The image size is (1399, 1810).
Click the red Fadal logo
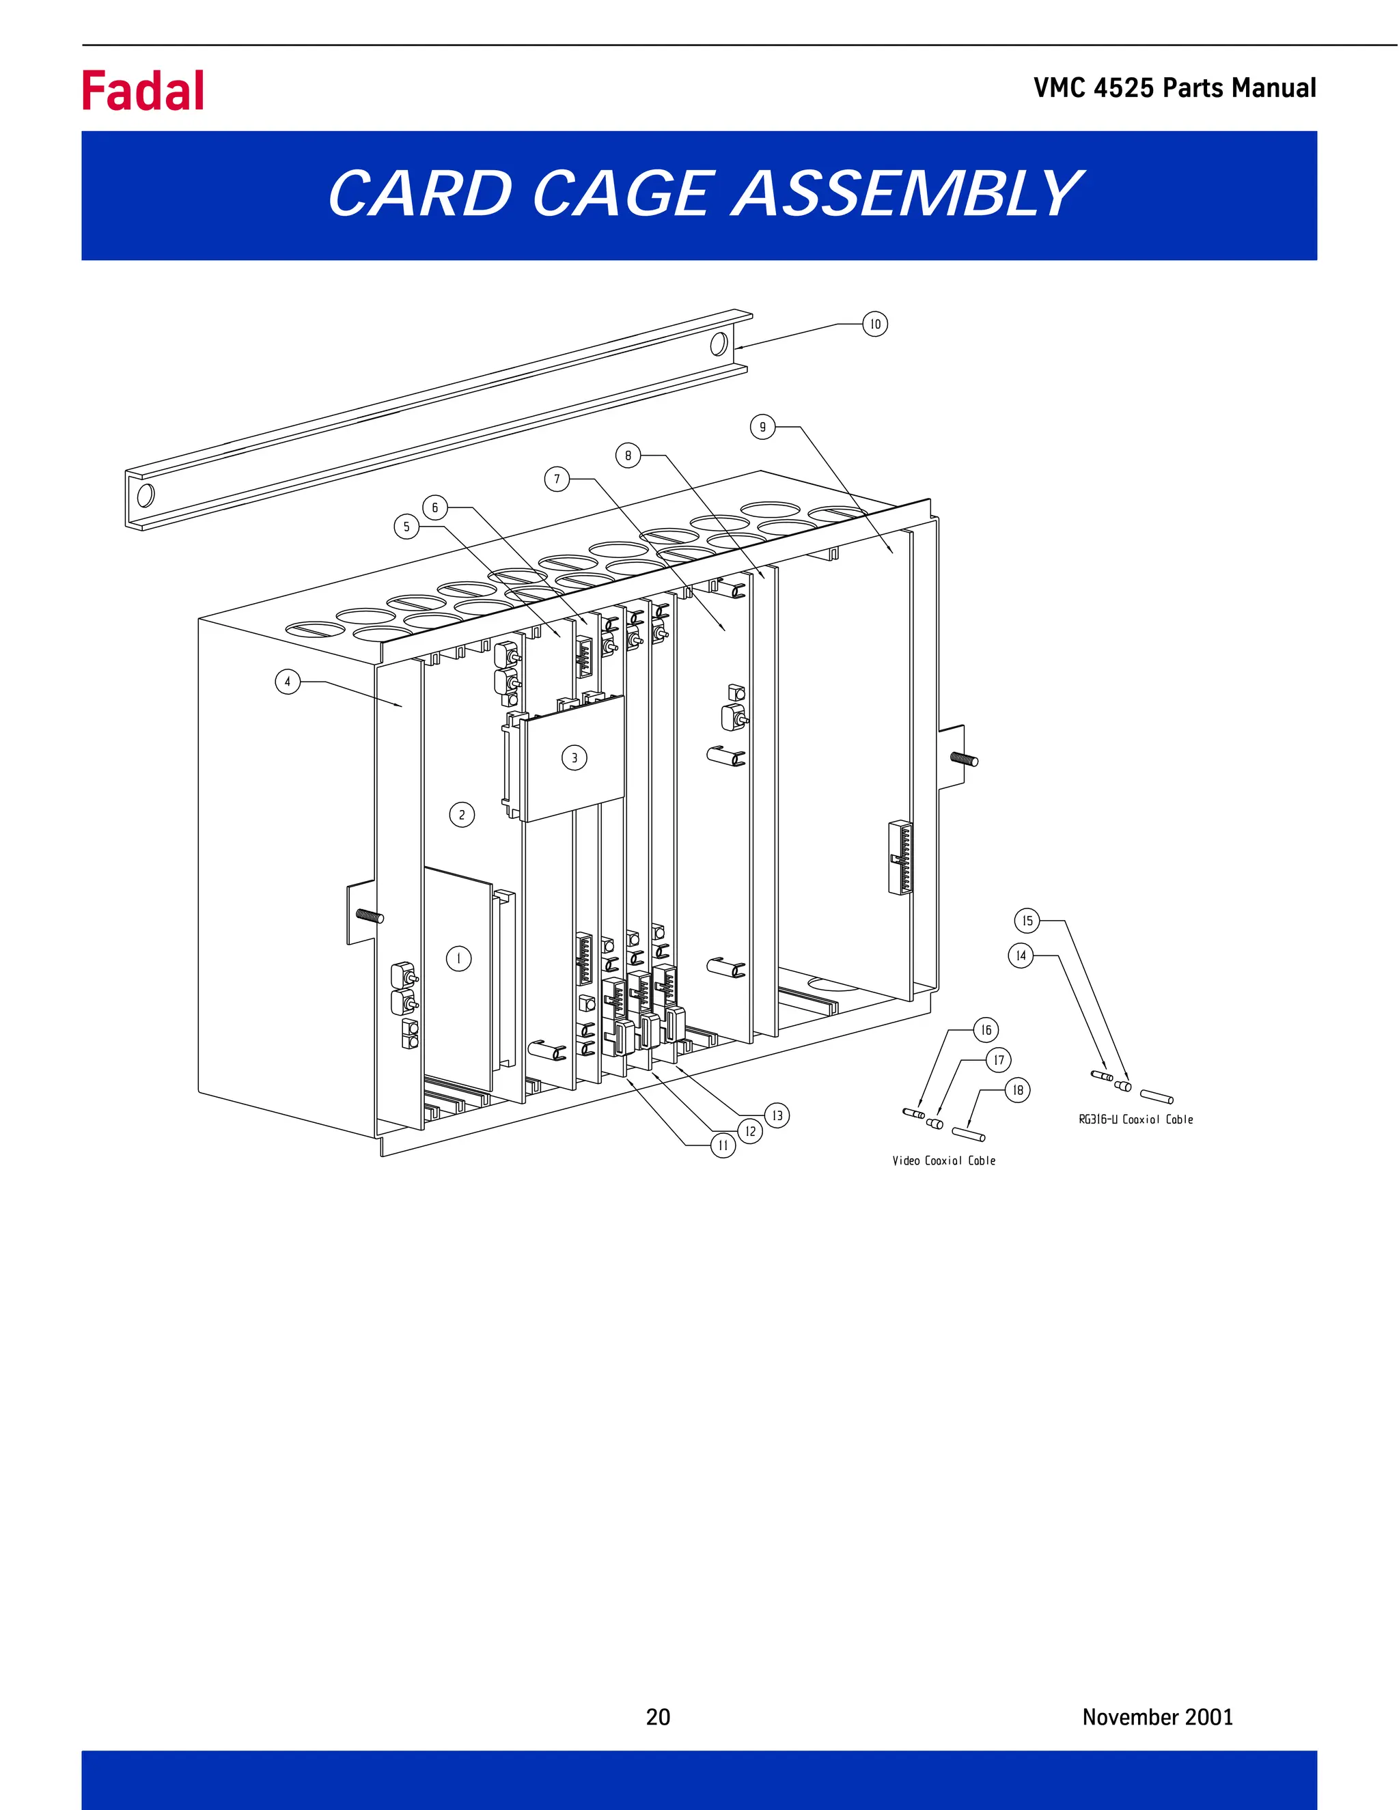[143, 90]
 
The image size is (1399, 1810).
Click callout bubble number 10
[875, 324]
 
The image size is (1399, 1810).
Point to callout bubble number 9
[762, 428]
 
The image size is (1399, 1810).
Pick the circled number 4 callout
[288, 682]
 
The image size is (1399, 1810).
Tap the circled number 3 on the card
[574, 757]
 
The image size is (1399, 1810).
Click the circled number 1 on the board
[458, 959]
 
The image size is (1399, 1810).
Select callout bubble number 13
[777, 1115]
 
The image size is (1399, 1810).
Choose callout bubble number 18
[1018, 1090]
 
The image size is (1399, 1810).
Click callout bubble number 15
[1027, 921]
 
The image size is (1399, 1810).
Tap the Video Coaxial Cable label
[944, 1161]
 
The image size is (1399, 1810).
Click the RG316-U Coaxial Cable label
[1135, 1119]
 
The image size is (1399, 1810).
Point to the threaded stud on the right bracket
[964, 758]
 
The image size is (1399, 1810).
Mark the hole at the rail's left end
[145, 495]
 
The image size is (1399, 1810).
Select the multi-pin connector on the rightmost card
[900, 857]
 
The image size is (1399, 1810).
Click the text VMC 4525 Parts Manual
[1174, 88]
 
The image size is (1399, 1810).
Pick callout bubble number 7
[557, 479]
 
